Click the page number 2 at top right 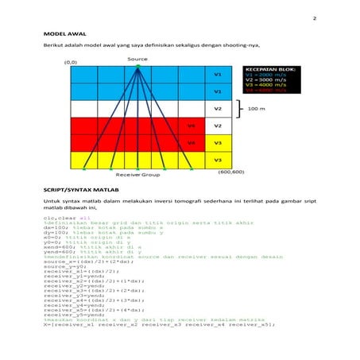coord(315,18)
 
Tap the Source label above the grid coord(137,60)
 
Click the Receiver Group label coord(137,174)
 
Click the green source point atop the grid coord(138,65)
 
